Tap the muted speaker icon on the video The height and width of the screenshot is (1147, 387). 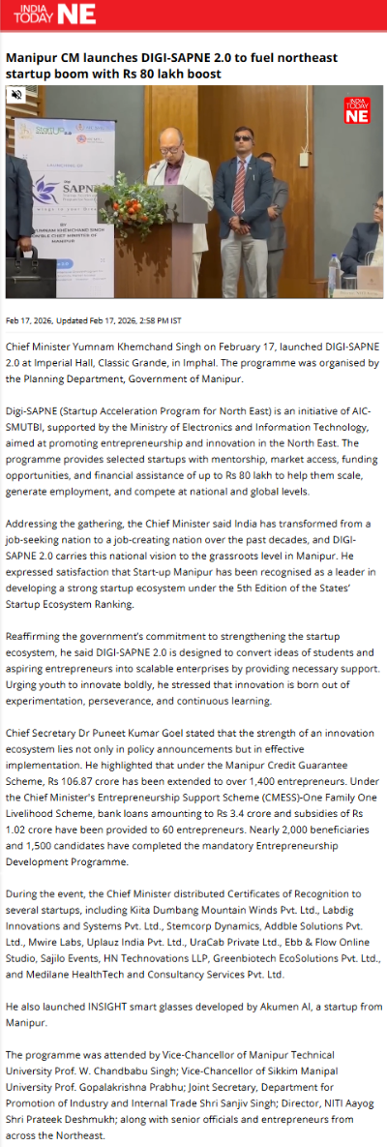(16, 95)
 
